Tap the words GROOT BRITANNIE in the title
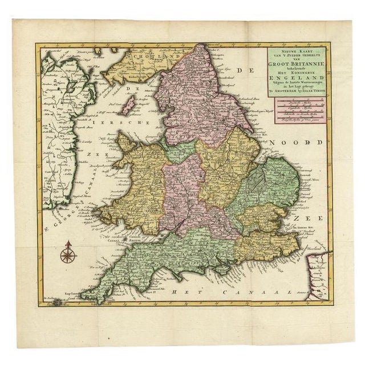(x=294, y=65)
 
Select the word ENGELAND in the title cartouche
(x=293, y=82)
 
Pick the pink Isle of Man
(x=129, y=104)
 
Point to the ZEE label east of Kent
(x=312, y=217)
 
